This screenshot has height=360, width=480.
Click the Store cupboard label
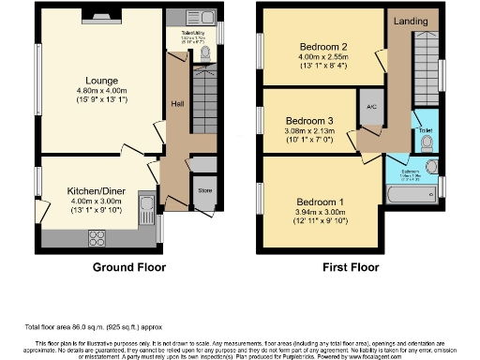point(203,190)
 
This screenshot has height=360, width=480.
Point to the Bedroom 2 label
point(323,46)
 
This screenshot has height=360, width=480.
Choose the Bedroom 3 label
point(309,122)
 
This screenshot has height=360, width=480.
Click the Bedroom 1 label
point(320,202)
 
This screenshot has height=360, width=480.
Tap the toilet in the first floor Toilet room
point(427,142)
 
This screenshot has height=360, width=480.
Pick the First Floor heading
point(350,267)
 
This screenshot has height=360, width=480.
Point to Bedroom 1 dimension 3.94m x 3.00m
point(321,213)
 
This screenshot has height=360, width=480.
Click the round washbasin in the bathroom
point(432,167)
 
